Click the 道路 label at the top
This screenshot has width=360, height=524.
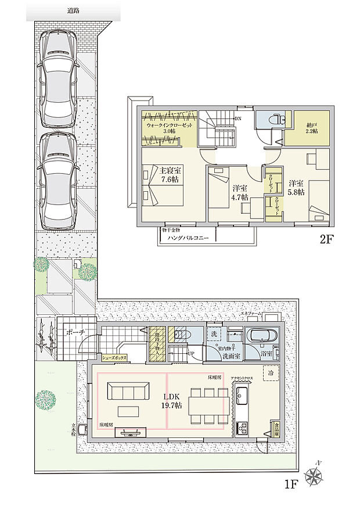pos(73,11)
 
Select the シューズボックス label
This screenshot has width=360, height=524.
pos(114,358)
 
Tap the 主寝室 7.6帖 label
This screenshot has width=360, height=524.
pos(170,175)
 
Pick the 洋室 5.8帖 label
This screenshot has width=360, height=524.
pos(297,188)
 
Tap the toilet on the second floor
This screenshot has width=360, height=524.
pos(271,119)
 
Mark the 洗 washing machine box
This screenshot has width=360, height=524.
pos(213,335)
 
